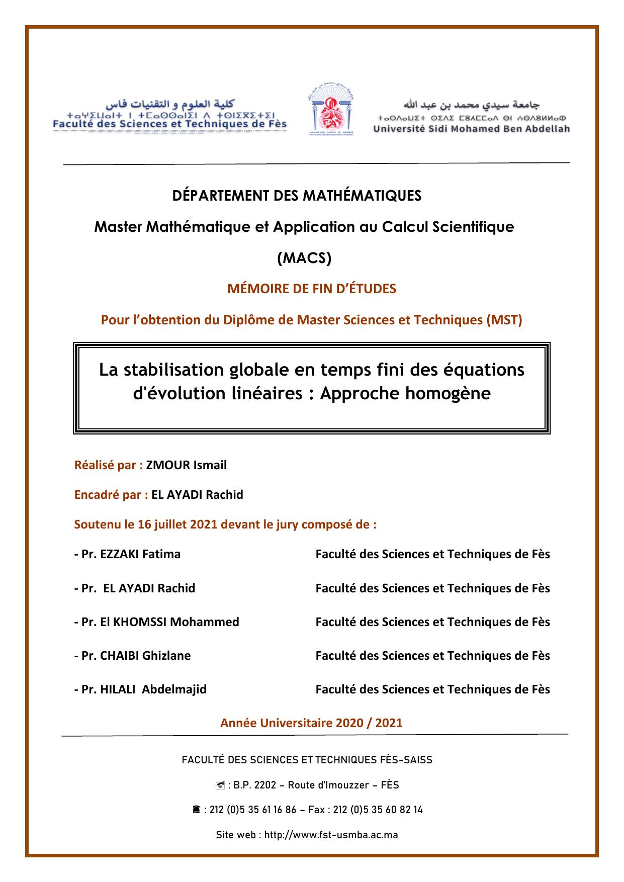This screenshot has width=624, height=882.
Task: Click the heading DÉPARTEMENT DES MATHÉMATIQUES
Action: (x=297, y=196)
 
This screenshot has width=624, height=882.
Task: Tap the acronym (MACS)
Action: (x=305, y=258)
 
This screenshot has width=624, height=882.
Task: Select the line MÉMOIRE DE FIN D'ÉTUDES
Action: (x=312, y=289)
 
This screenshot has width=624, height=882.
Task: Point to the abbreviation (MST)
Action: (x=504, y=320)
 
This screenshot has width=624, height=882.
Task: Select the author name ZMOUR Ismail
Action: (x=187, y=465)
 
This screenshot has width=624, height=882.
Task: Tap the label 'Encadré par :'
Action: (x=111, y=495)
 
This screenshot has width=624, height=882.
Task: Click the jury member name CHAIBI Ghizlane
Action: (x=145, y=656)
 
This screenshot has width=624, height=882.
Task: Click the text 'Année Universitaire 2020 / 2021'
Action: (x=311, y=723)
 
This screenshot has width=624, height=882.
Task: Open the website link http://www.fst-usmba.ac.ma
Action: (x=331, y=835)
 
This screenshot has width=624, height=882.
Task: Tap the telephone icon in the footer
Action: (x=197, y=810)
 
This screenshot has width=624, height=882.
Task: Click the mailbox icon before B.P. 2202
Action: (x=219, y=785)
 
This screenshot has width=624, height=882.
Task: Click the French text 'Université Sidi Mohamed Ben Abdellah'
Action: (x=472, y=129)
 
